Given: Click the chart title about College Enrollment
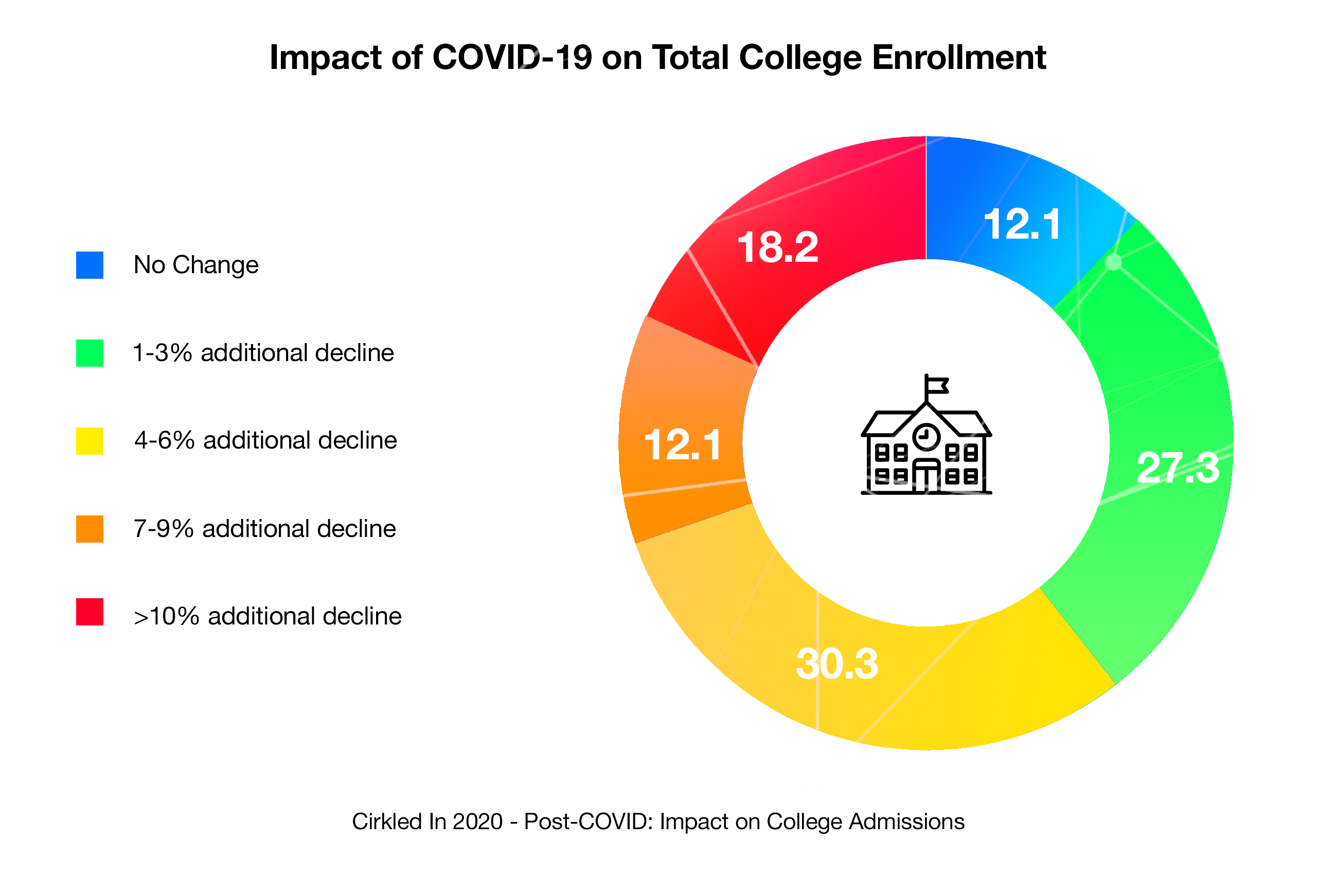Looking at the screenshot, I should [657, 58].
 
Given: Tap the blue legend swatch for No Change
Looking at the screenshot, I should [90, 265].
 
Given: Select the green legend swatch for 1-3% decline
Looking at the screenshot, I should [90, 353].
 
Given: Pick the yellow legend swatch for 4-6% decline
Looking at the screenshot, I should [90, 441].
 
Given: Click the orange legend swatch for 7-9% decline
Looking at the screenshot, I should [90, 529].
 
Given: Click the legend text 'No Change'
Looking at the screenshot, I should [195, 265].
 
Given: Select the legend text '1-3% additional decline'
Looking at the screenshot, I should [263, 353].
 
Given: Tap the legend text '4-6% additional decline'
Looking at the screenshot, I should [265, 441].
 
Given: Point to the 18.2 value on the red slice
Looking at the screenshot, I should [777, 247].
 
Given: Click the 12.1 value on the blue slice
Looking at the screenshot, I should [1022, 225].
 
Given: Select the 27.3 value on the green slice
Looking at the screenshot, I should [1178, 468].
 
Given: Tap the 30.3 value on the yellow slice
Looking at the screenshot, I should [837, 665].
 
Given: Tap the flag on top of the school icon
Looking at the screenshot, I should [937, 385].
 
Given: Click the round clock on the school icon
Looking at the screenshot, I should [926, 436].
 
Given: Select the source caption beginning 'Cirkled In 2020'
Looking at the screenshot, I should [657, 821].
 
